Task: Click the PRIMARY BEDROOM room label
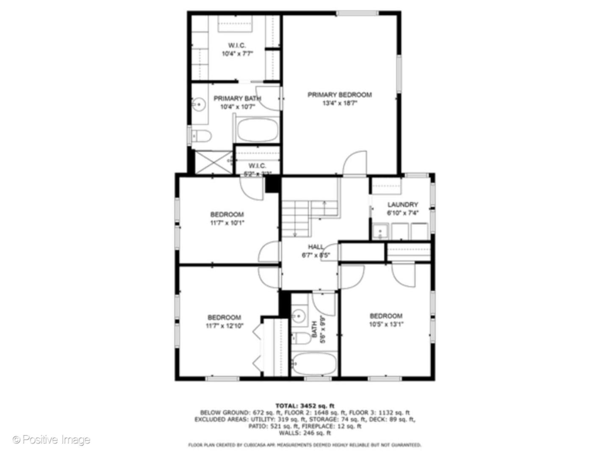pyautogui.click(x=339, y=95)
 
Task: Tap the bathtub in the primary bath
pyautogui.click(x=257, y=130)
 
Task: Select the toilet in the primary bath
pyautogui.click(x=202, y=136)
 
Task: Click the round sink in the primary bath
pyautogui.click(x=198, y=104)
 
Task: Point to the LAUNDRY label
pyautogui.click(x=402, y=204)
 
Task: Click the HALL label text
pyautogui.click(x=316, y=247)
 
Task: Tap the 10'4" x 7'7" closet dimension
pyautogui.click(x=237, y=54)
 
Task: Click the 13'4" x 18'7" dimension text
pyautogui.click(x=339, y=103)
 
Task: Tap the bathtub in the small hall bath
pyautogui.click(x=314, y=364)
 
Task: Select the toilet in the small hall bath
pyautogui.click(x=302, y=338)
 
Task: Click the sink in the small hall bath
pyautogui.click(x=299, y=316)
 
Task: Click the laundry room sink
pyautogui.click(x=380, y=232)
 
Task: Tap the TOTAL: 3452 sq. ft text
pyautogui.click(x=305, y=406)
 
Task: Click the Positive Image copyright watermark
pyautogui.click(x=51, y=440)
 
